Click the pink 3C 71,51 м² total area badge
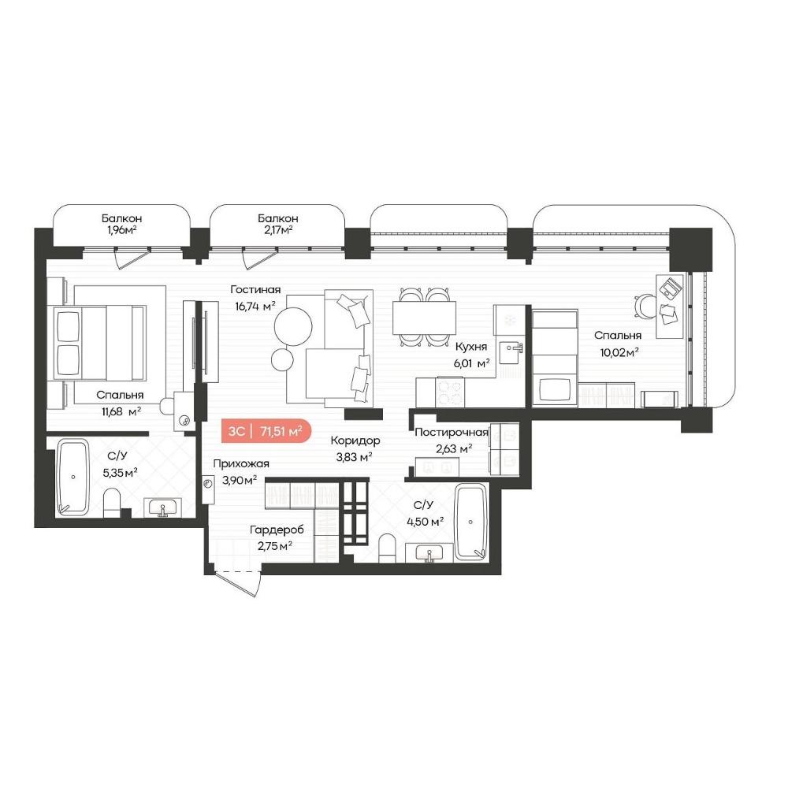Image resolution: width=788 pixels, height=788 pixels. click(x=266, y=431)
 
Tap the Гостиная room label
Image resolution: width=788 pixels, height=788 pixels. click(x=255, y=289)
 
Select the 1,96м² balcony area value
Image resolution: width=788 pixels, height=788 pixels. click(x=119, y=231)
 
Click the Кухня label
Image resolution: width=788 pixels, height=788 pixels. click(x=471, y=347)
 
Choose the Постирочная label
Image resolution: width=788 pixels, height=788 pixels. click(x=452, y=432)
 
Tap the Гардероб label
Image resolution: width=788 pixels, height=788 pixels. click(x=277, y=530)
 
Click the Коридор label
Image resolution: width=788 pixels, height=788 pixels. click(x=355, y=440)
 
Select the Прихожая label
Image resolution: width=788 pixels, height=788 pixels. click(x=240, y=464)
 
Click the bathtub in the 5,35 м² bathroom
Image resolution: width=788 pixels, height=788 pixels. click(x=72, y=477)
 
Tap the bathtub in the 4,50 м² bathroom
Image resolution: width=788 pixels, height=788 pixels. click(x=470, y=522)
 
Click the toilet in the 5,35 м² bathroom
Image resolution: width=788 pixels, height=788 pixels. click(x=112, y=504)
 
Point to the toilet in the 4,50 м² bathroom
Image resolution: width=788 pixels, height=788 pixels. click(x=387, y=548)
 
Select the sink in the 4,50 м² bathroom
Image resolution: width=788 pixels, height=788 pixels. click(x=429, y=553)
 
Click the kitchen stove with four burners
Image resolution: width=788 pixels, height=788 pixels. click(x=450, y=392)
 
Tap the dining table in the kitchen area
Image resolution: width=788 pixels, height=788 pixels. click(x=424, y=317)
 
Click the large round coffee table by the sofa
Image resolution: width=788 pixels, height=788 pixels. click(x=293, y=326)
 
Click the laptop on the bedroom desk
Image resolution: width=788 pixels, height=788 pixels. click(x=670, y=288)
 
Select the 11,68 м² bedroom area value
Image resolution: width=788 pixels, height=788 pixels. click(x=121, y=412)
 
